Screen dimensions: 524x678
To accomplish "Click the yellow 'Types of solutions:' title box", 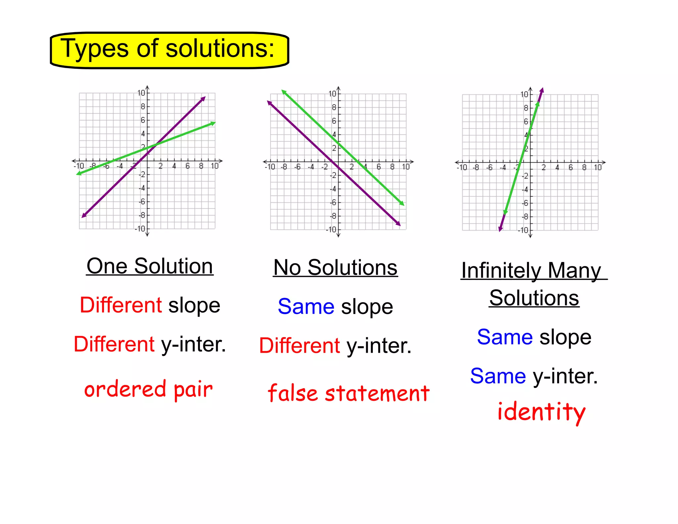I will click(x=169, y=50).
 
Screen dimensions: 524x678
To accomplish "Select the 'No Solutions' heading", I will click(x=335, y=268).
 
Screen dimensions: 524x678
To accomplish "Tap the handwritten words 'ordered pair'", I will click(x=148, y=390).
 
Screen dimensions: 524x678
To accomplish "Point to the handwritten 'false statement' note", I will click(x=348, y=393).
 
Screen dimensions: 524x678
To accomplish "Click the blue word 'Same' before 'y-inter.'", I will click(x=498, y=376).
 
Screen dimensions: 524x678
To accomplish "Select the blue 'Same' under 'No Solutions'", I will click(x=306, y=307).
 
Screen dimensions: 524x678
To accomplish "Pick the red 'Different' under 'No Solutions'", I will click(x=299, y=346).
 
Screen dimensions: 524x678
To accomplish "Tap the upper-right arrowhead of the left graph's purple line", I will click(x=203, y=98).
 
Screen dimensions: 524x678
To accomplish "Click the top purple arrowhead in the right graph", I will click(x=542, y=90).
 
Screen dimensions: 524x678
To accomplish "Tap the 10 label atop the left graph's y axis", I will click(x=141, y=93).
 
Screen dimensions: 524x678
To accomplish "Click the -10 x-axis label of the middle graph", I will click(x=270, y=167).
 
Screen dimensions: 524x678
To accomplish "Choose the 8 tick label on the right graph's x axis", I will click(x=584, y=168).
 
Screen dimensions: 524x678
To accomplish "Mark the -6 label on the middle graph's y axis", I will click(x=333, y=202).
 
